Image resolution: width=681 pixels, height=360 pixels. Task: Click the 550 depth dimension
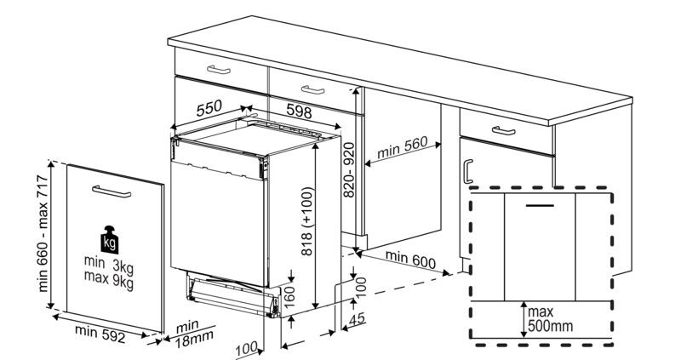tap(209, 109)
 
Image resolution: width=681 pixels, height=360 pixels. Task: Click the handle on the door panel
tap(111, 195)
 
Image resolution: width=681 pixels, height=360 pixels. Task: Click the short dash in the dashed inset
tap(539, 206)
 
